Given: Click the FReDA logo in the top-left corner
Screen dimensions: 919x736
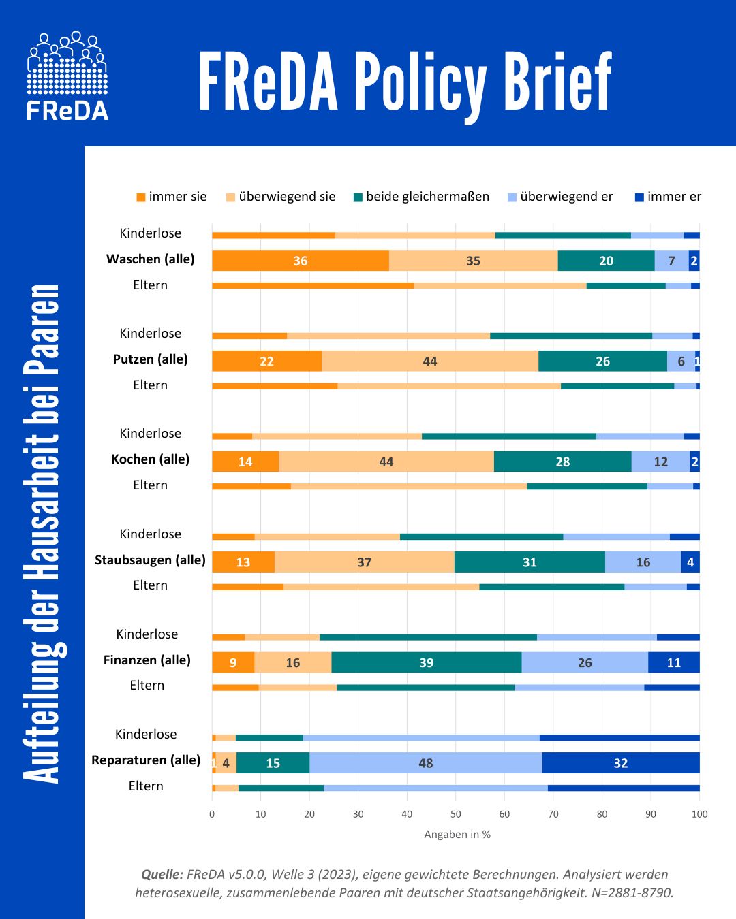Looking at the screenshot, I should point(67,76).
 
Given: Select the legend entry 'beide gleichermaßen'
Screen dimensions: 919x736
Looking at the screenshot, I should point(420,197).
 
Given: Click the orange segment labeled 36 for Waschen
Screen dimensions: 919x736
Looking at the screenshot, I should point(301,261).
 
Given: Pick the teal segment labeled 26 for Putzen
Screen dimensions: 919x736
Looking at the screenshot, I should point(602,361).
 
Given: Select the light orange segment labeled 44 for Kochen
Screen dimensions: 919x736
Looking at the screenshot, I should point(386,462).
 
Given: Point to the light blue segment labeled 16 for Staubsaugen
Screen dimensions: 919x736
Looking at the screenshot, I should point(643,562).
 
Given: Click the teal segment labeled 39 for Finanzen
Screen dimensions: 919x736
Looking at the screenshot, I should point(426,662).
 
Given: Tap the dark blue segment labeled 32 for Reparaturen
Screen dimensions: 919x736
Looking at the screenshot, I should point(621,763).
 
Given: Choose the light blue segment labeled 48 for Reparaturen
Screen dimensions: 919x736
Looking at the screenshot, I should point(426,763).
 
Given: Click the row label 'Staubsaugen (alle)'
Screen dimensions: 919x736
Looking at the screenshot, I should point(150,560).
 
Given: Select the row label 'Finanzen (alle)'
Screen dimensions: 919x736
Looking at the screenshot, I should point(147,660).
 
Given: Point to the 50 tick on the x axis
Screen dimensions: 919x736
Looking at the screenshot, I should point(456,814).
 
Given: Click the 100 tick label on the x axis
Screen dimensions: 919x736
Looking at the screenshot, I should point(699,814).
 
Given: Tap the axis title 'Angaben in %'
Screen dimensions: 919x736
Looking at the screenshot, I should point(457,835).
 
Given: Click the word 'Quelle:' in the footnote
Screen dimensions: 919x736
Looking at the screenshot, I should point(162,875).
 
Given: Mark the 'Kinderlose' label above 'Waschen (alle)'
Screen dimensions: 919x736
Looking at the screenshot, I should point(150,233).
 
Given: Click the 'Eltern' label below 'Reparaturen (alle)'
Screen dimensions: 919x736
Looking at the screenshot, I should point(146,786).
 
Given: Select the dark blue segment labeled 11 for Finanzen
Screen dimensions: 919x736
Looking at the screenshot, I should point(673,662).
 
